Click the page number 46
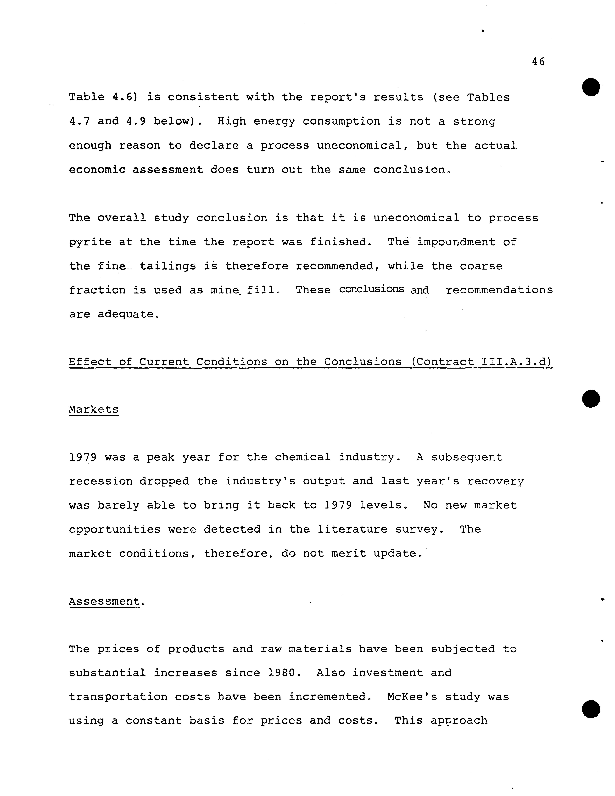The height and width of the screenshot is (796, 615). pos(538,62)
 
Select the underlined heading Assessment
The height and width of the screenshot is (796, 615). pos(105,601)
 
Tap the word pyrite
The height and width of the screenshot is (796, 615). pos(90,242)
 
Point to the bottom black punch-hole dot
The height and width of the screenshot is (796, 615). pos(591,709)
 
